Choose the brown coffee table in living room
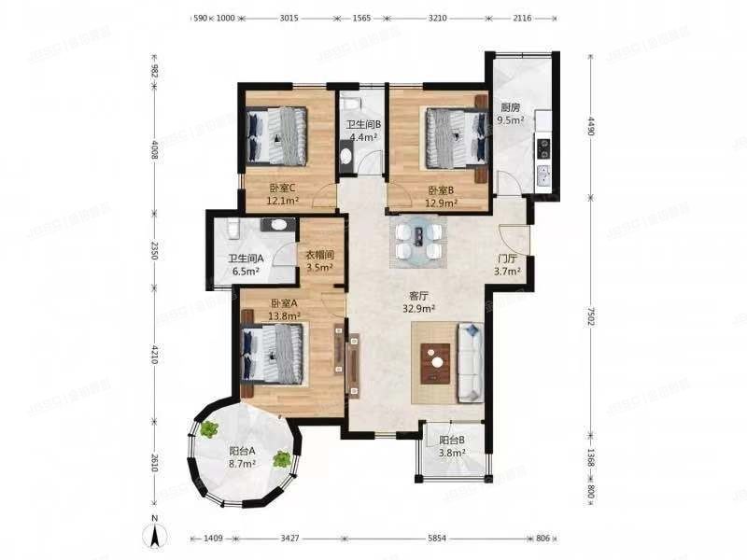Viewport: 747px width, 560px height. (x=435, y=363)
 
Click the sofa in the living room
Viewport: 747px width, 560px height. (x=469, y=363)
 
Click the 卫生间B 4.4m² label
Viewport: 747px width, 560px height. (x=362, y=132)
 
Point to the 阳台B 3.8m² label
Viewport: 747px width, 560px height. (x=452, y=449)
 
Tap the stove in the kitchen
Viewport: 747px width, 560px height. (x=542, y=146)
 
